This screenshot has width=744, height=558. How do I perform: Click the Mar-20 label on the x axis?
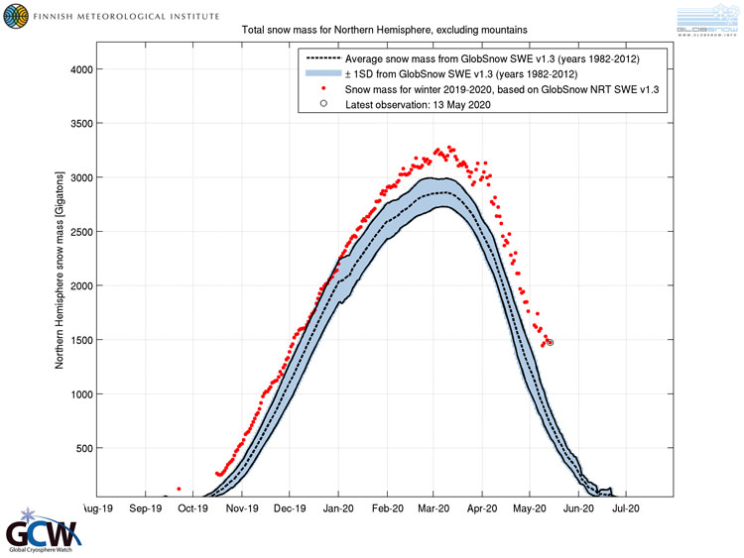(434, 508)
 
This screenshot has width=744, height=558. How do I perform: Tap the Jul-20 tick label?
(625, 508)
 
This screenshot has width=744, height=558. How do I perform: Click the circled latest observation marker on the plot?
(550, 343)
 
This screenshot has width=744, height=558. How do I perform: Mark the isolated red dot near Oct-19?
(179, 489)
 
